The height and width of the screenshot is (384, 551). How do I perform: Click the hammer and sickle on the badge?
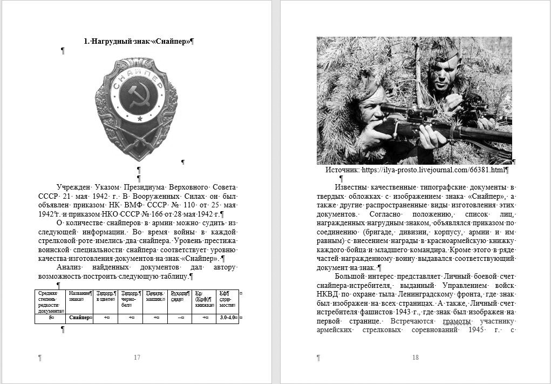tap(140, 99)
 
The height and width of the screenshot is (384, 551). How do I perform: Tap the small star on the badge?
tap(140, 118)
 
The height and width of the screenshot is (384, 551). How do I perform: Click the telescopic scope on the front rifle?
tap(410, 112)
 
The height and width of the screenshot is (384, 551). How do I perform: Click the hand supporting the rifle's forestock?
tap(432, 138)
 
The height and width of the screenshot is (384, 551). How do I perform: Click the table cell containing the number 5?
tap(51, 318)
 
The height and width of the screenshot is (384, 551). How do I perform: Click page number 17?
tap(137, 358)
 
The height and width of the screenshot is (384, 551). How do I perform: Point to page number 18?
tap(415, 358)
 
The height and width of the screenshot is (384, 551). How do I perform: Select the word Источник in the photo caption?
tap(342, 170)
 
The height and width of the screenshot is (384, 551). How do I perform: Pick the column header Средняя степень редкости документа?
tap(50, 301)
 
